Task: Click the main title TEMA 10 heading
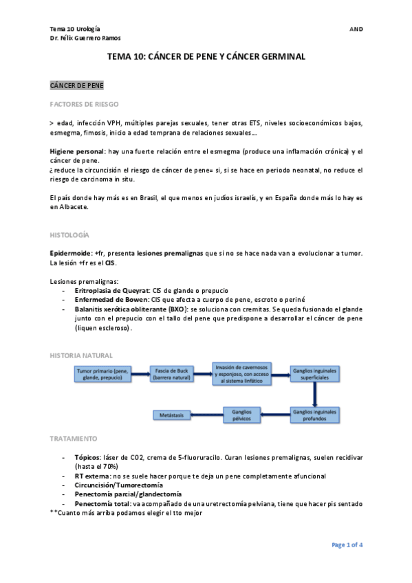coord(206,58)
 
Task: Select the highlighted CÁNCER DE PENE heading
coord(76,86)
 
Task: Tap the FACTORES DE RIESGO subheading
coord(84,104)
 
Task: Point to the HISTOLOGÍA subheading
coord(69,234)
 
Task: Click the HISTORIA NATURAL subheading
coord(78,355)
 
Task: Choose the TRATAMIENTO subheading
coord(74,438)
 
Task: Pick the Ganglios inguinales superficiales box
coord(314,374)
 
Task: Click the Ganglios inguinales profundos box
coord(314,415)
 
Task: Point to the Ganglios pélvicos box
coord(242,415)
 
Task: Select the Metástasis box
coord(173,415)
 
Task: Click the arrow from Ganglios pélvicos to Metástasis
coord(207,415)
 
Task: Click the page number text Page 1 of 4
coord(347,544)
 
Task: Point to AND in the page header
coord(356,29)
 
